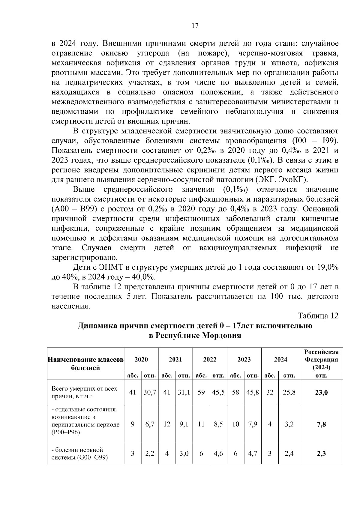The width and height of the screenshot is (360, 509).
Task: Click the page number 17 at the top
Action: coord(195,26)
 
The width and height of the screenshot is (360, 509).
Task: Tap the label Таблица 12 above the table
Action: coord(318,316)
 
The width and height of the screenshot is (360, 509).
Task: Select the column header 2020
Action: coord(141,359)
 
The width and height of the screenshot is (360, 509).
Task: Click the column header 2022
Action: coord(210,359)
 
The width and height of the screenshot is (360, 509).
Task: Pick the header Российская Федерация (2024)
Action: coord(321,359)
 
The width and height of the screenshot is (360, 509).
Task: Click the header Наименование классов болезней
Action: coord(85,364)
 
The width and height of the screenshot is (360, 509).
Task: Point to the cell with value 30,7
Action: coord(149,392)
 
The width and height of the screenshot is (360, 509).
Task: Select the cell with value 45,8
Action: coord(252,392)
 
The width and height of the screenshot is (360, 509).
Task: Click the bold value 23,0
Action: coord(321,393)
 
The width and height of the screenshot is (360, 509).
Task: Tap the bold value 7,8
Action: coord(321,424)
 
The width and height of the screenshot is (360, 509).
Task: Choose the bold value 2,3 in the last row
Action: coord(321,454)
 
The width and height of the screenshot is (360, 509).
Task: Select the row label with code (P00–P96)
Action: coord(66,433)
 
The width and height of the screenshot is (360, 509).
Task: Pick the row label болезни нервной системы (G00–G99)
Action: coord(79,454)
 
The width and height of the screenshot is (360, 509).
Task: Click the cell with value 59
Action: coord(201,392)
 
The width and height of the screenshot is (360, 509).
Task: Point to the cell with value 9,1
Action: coord(184,424)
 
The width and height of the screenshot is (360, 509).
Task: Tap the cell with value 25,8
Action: coord(289,392)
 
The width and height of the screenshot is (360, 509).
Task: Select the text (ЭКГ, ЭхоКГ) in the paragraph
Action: coord(282,180)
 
